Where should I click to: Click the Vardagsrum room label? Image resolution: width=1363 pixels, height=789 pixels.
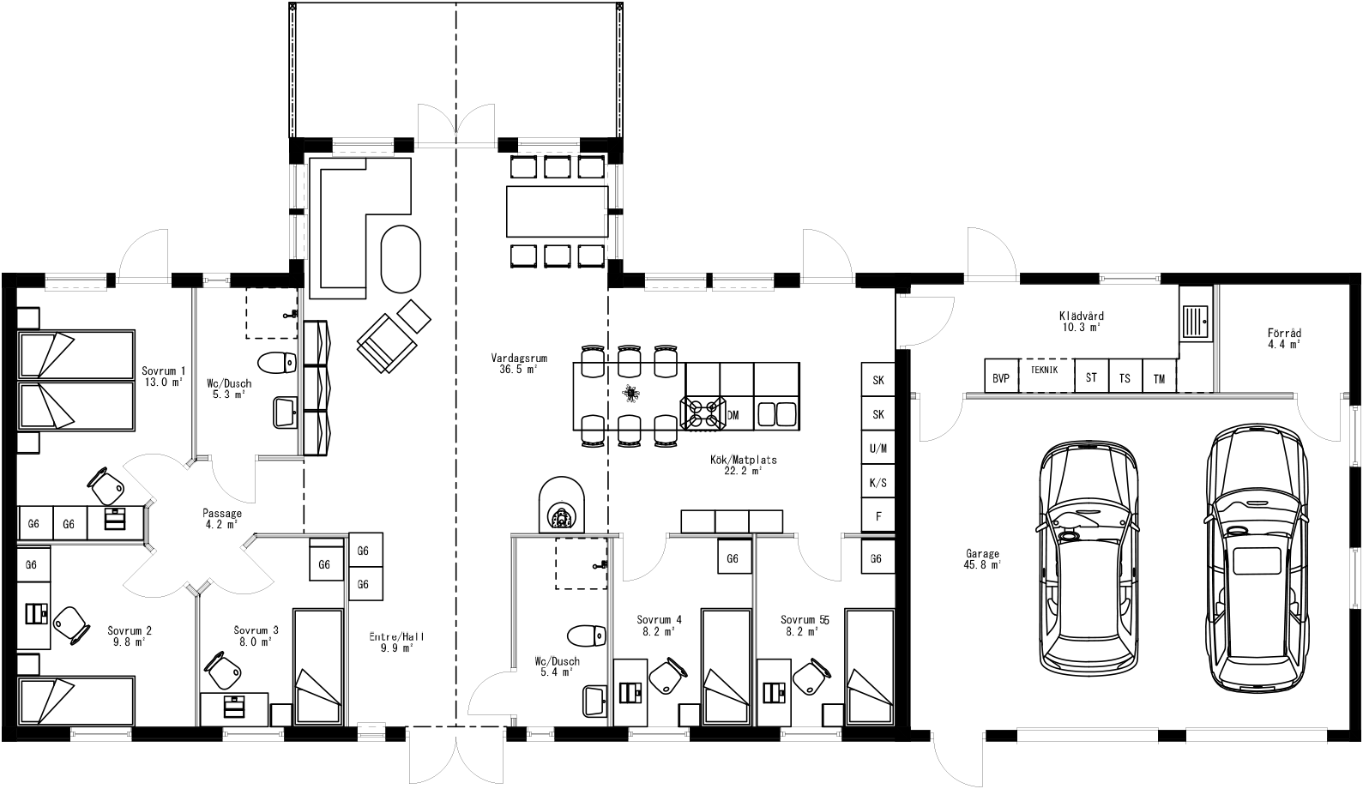tap(519, 364)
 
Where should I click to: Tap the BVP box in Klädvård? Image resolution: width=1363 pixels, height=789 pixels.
tap(1000, 377)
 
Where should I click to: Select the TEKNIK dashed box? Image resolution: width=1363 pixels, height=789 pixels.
tap(1045, 375)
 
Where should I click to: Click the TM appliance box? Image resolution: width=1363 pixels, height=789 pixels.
tap(1159, 377)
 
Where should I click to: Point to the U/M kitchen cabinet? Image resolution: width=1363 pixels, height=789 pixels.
tap(878, 449)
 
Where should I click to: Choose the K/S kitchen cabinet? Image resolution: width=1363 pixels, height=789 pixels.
tap(878, 483)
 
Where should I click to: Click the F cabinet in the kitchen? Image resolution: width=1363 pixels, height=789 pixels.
tap(878, 516)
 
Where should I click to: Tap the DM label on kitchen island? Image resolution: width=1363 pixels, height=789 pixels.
tap(733, 415)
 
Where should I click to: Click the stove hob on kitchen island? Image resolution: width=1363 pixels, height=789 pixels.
tap(703, 412)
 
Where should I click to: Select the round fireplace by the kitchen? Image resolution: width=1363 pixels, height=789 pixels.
tap(561, 507)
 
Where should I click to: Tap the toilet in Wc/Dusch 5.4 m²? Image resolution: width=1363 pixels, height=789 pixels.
tap(587, 635)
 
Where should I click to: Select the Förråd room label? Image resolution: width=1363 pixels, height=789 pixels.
tap(1284, 338)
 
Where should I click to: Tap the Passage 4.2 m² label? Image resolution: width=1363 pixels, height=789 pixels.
tap(221, 519)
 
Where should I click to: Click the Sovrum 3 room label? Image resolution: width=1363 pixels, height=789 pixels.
tap(256, 635)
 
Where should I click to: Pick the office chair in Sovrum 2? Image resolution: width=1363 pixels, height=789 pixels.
tap(70, 623)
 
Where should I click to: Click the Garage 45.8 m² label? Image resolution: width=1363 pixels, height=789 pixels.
tap(982, 559)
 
